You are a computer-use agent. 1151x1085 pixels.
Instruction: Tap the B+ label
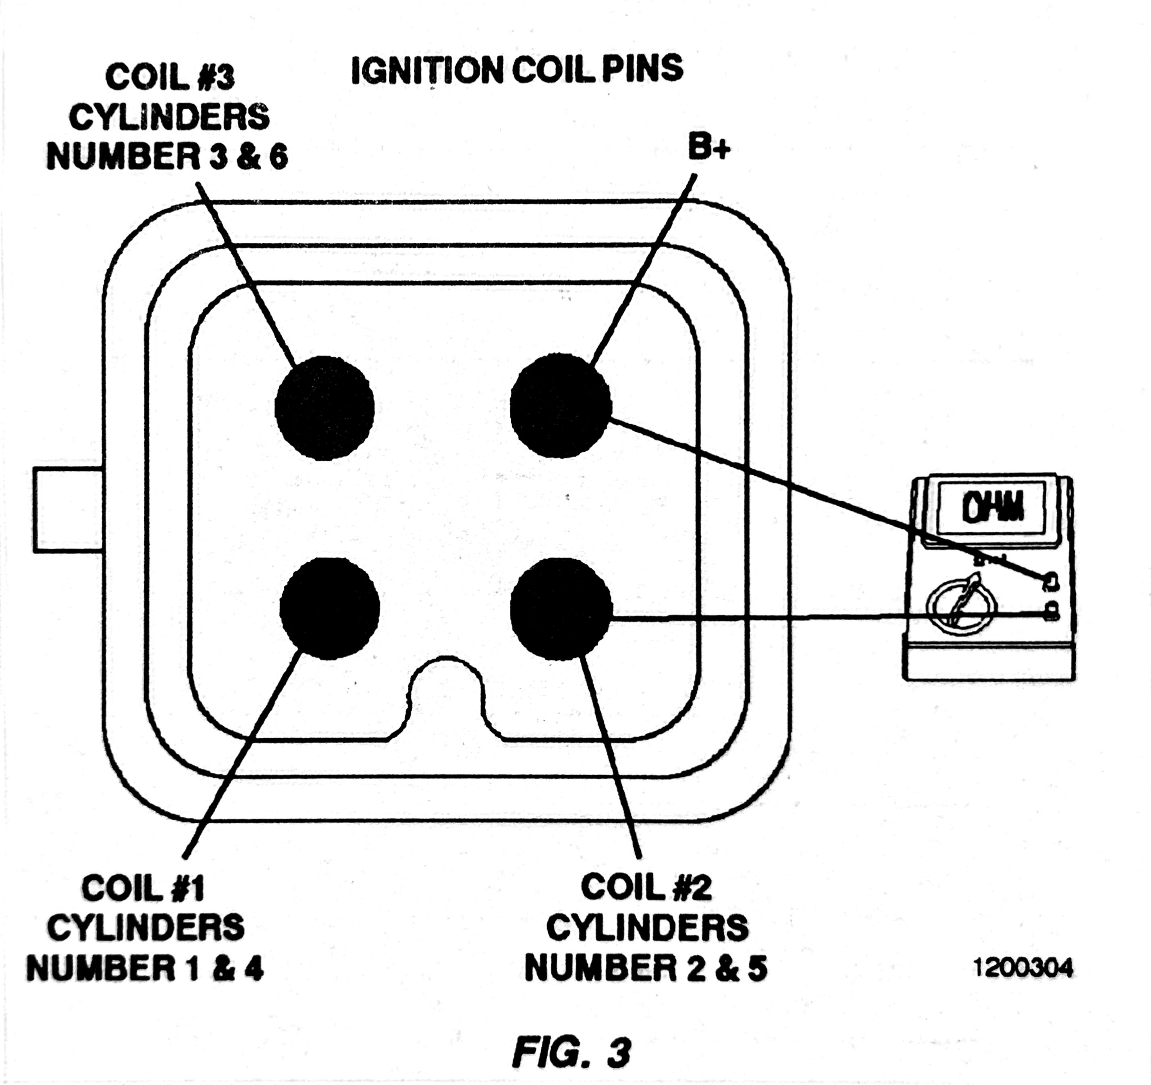point(709,147)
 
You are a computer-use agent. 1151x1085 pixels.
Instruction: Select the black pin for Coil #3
point(324,408)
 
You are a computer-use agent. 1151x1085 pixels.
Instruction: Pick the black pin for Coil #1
point(329,608)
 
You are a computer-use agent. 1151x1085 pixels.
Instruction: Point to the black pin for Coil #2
point(561,608)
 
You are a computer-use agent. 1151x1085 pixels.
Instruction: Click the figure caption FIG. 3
point(571,1052)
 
